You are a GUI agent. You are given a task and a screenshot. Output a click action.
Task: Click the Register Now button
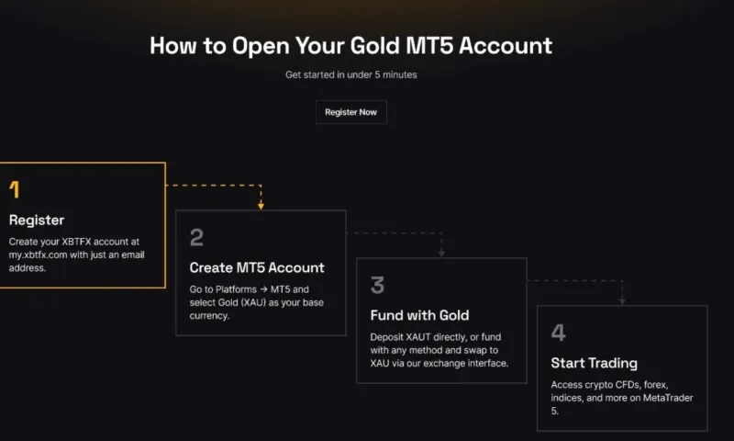point(350,112)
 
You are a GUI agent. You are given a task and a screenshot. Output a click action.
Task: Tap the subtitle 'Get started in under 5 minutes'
point(350,74)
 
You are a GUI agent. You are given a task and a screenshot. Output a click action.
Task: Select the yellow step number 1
point(14,190)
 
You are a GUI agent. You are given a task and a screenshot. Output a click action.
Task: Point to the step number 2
point(196,238)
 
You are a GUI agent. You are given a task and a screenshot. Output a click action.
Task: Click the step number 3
point(377,285)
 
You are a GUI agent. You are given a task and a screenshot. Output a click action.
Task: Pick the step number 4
point(558,333)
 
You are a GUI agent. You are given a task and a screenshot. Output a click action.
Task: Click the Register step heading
point(37,220)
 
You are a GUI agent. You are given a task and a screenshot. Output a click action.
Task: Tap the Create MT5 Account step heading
point(257,268)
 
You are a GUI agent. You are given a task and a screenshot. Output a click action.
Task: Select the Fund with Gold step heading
point(419,315)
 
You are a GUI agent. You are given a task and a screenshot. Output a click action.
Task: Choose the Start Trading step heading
point(594,363)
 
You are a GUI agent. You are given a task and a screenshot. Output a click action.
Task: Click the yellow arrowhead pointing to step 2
point(261,205)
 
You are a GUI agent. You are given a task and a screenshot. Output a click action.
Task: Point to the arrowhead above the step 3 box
point(442,253)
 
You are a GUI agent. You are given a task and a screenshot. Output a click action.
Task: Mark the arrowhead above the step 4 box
point(623,300)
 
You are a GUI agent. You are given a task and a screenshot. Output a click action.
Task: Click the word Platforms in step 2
point(224,288)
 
